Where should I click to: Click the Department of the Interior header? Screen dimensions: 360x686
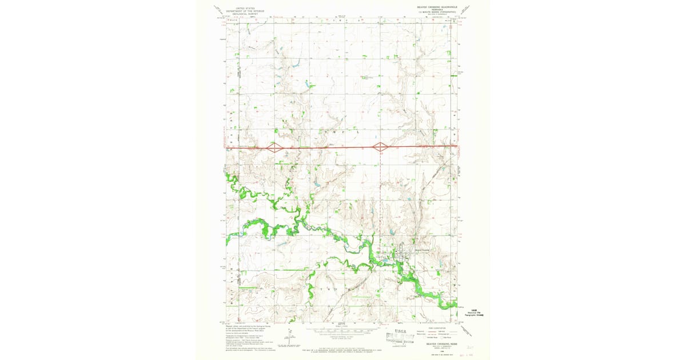[x=242, y=10]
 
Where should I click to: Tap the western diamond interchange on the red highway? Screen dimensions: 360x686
[x=275, y=147]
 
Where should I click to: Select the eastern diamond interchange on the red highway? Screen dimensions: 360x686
[x=380, y=147]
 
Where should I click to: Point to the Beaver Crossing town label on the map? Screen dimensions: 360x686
[x=421, y=249]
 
